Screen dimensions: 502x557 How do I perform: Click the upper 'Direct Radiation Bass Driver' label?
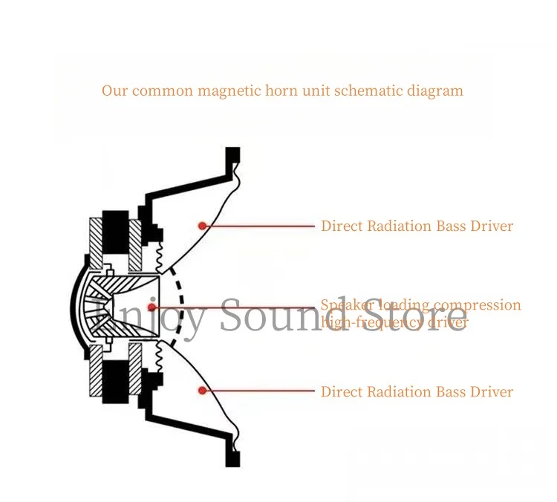(417, 226)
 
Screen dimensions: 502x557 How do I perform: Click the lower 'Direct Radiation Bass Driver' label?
(417, 391)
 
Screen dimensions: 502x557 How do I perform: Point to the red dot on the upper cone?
(201, 225)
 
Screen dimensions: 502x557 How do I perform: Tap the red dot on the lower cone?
(201, 390)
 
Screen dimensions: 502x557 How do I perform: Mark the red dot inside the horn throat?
(152, 307)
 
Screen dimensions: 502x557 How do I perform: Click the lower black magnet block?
(115, 380)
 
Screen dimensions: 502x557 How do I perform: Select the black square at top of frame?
(233, 155)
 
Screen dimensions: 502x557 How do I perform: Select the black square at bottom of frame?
(233, 459)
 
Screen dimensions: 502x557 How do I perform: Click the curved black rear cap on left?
(76, 307)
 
